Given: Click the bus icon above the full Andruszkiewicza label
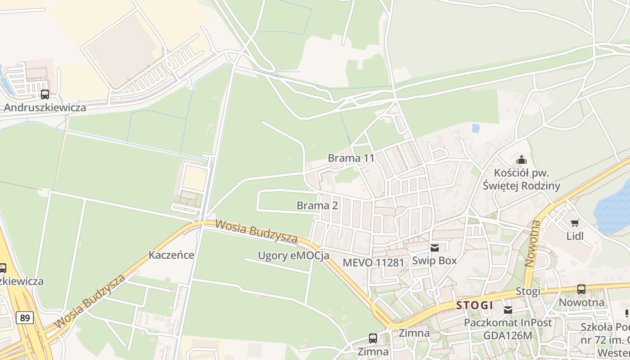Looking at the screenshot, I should [45, 94].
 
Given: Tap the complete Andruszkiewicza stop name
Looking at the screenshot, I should [45, 108].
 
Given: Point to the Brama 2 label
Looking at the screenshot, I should [317, 206].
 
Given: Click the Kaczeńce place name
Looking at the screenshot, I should [171, 256].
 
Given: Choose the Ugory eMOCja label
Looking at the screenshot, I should [293, 256].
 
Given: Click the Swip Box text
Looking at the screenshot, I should [434, 261].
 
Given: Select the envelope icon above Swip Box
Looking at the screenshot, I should [434, 247].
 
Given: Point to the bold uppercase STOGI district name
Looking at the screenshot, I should [475, 306].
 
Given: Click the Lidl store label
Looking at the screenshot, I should [575, 236].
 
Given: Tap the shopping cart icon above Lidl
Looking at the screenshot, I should [575, 223].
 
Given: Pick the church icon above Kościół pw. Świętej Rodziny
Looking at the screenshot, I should [522, 160].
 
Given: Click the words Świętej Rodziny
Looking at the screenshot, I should [522, 186].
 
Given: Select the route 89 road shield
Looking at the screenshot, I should [25, 318].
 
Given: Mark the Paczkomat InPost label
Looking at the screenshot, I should [508, 323].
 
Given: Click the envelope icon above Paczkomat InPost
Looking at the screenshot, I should [508, 310].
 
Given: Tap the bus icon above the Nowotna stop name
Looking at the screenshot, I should [581, 289].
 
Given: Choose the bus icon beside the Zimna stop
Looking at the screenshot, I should [373, 338].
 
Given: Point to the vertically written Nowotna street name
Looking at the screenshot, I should [533, 243].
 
